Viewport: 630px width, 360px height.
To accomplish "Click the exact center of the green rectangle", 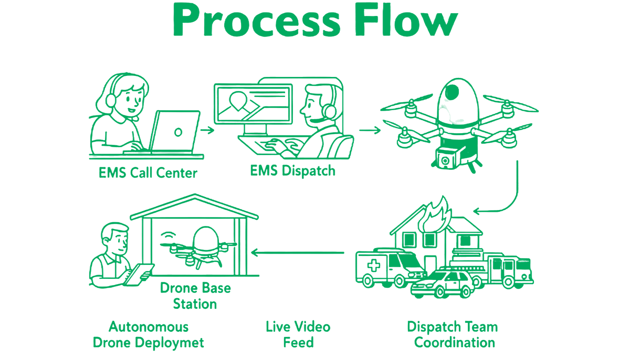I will click(x=314, y=176).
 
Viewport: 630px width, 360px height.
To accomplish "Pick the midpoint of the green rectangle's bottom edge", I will click(x=314, y=351).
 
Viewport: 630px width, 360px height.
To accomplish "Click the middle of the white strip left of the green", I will click(x=44, y=180).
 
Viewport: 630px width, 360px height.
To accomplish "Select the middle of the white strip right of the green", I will click(x=585, y=180).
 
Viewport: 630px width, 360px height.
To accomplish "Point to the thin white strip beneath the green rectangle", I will click(x=314, y=355).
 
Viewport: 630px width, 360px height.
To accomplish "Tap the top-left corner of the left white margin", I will click(x=0, y=0).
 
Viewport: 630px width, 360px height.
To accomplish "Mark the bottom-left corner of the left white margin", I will click(x=0, y=360).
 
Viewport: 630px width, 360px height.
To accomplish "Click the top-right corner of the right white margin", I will click(x=630, y=0).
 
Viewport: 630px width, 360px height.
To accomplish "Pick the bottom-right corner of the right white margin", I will click(x=630, y=360).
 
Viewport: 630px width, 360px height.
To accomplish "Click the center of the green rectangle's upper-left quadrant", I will click(x=201, y=89).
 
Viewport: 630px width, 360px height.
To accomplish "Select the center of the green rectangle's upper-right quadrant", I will click(x=426, y=89).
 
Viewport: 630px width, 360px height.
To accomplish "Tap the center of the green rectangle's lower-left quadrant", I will click(x=201, y=263).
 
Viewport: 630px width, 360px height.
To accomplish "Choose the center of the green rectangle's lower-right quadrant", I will click(x=426, y=263).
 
